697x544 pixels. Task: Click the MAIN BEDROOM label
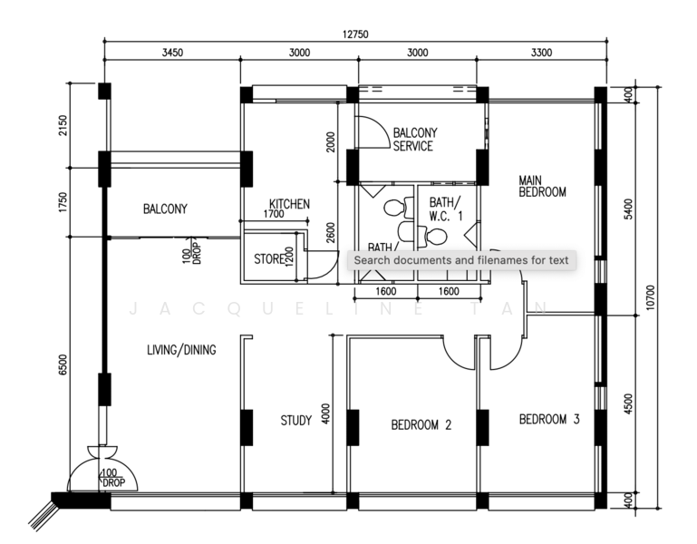(x=542, y=186)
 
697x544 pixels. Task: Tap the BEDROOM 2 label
(x=421, y=423)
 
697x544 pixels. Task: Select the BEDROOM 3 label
(x=549, y=420)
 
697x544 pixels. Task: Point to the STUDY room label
(x=295, y=421)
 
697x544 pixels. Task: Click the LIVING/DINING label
(x=181, y=349)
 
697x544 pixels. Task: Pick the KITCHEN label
(x=290, y=204)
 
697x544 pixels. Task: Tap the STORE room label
(x=268, y=259)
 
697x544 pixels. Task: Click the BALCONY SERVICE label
(x=412, y=139)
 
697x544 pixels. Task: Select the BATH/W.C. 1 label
(x=445, y=209)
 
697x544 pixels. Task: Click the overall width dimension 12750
(x=354, y=34)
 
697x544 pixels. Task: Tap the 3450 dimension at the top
(x=172, y=53)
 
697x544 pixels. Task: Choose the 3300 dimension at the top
(x=541, y=53)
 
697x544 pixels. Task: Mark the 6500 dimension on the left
(x=63, y=364)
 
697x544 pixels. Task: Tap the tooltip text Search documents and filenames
(x=460, y=261)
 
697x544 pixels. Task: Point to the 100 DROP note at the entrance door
(x=112, y=478)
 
